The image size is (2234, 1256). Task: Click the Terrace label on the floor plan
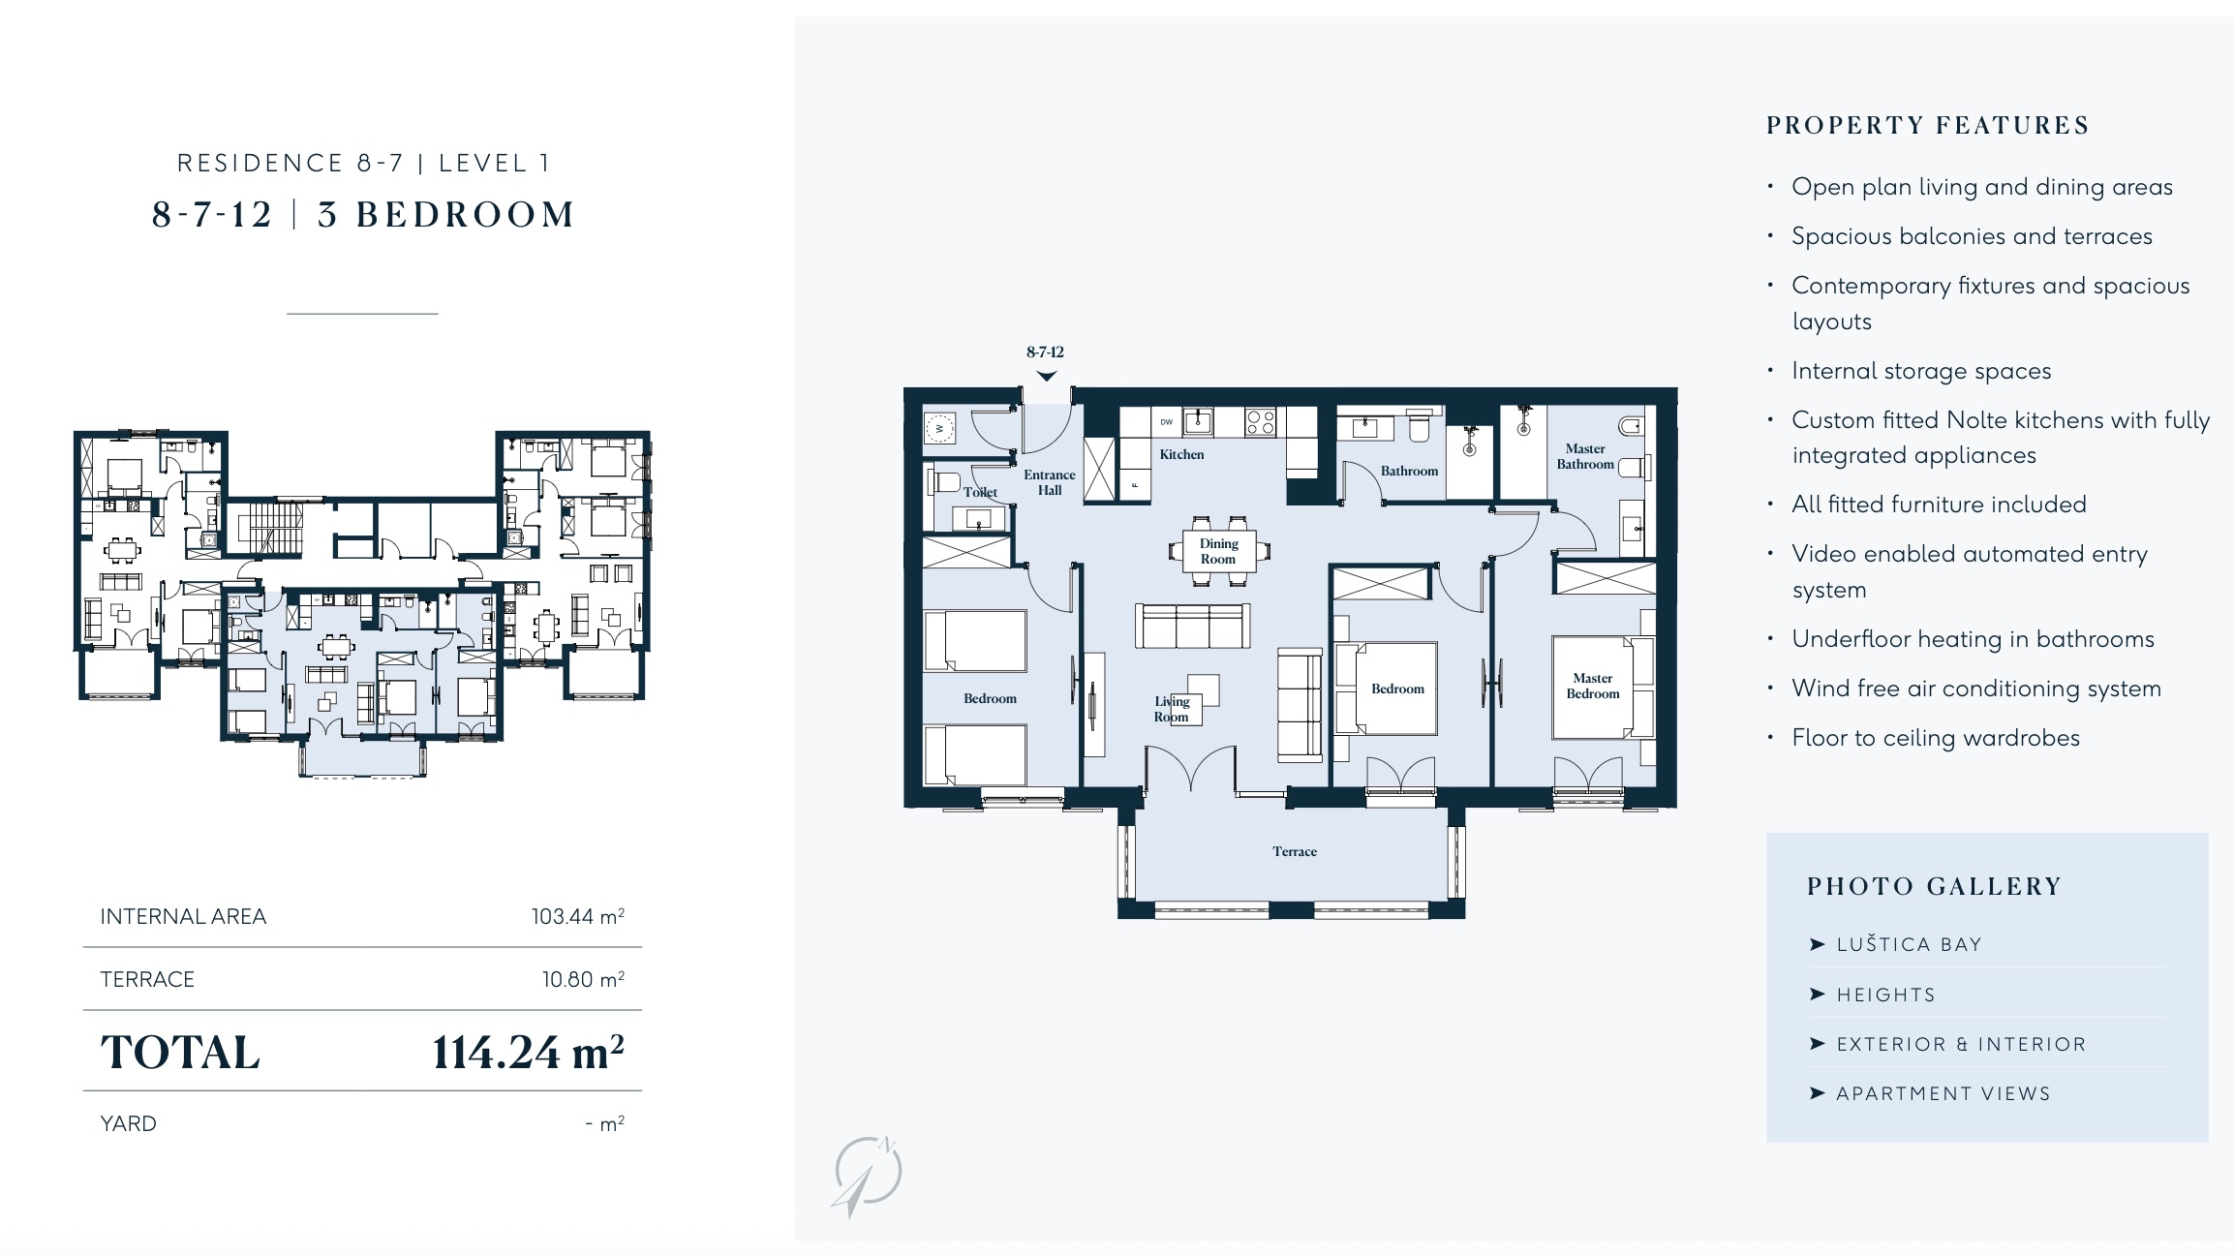[x=1294, y=851]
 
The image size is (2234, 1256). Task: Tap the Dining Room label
[x=1218, y=551]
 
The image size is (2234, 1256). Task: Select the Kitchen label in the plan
[x=1181, y=454]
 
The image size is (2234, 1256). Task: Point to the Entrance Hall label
[x=1050, y=482]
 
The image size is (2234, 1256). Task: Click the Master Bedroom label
[x=1592, y=686]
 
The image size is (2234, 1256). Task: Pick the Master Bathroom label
[x=1585, y=456]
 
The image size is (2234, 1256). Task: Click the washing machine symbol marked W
[x=939, y=427]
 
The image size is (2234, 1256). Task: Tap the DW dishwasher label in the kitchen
[x=1167, y=422]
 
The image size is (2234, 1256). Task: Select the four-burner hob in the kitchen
[x=1260, y=422]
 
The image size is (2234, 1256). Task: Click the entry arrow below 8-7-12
[x=1046, y=376]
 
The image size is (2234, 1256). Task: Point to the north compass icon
[x=867, y=1175]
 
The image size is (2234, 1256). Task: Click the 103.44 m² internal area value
[x=578, y=916]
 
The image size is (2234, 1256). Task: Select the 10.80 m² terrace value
[x=583, y=979]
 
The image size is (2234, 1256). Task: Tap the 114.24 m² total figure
[x=528, y=1053]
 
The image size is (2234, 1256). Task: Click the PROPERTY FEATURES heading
[x=1928, y=126]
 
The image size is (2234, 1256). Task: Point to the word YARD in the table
[x=128, y=1123]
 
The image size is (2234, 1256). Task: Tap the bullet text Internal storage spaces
[x=1921, y=371]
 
